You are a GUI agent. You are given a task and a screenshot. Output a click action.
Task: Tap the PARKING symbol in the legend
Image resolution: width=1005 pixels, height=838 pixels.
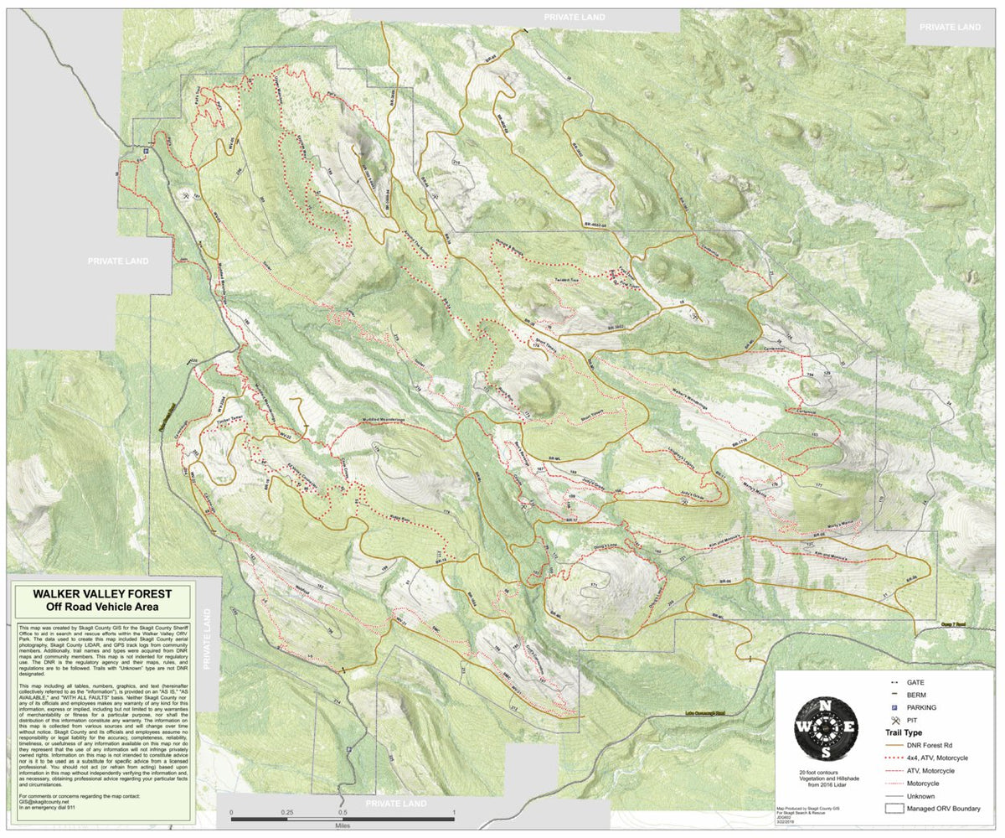(x=895, y=708)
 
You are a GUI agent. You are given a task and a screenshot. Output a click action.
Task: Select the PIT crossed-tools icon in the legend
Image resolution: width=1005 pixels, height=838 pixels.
(x=895, y=721)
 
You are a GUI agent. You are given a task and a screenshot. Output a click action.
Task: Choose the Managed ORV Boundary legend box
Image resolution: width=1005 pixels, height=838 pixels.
(x=895, y=809)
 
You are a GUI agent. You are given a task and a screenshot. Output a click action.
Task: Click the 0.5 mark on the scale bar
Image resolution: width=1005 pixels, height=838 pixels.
(x=343, y=812)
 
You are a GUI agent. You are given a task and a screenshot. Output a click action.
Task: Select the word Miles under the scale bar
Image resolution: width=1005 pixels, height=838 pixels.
(x=343, y=823)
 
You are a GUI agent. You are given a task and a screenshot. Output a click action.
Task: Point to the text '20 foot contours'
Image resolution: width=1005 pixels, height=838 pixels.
(x=825, y=772)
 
